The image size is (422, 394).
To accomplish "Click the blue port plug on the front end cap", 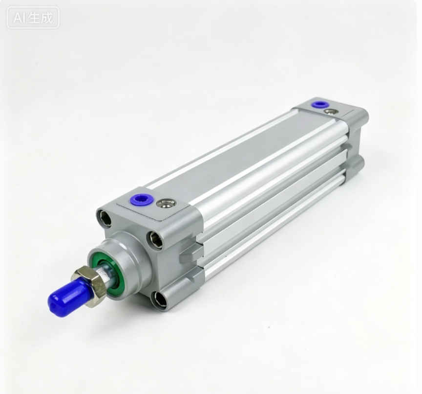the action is tap(141, 200).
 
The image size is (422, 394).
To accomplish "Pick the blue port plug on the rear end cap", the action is tap(320, 104).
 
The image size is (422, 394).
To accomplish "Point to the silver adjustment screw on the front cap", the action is tap(166, 203).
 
